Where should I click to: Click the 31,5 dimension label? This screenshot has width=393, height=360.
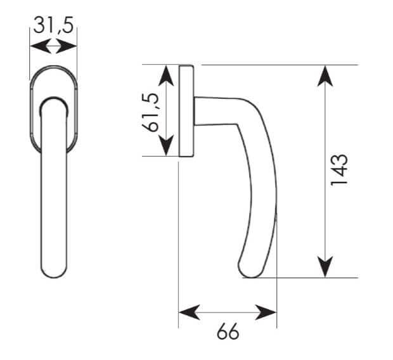point(53,25)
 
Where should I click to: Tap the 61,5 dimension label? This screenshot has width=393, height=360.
point(150,112)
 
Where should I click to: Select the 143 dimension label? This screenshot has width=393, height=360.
point(339,169)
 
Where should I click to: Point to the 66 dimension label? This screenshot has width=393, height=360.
point(228,331)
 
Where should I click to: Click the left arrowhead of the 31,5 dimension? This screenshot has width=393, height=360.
point(41,46)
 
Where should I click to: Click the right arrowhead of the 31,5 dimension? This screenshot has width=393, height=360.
point(66,46)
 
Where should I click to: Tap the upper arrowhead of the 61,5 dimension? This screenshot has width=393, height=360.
point(166,75)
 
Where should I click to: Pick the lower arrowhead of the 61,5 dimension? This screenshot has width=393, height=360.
point(166,145)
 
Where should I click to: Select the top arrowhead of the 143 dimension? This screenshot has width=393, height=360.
point(325,76)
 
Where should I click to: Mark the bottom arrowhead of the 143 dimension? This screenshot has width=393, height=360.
point(325,267)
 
